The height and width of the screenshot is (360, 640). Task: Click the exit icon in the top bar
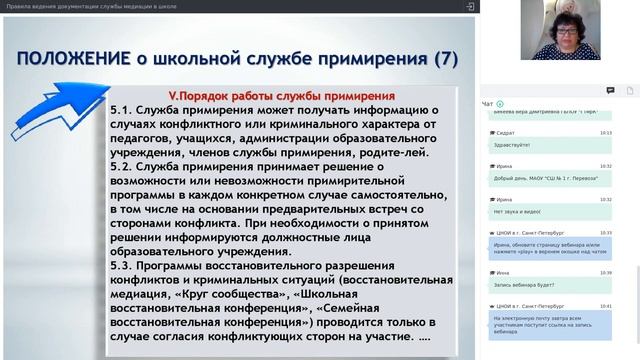click(469, 6)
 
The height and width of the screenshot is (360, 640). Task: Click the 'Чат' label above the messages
click(487, 104)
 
